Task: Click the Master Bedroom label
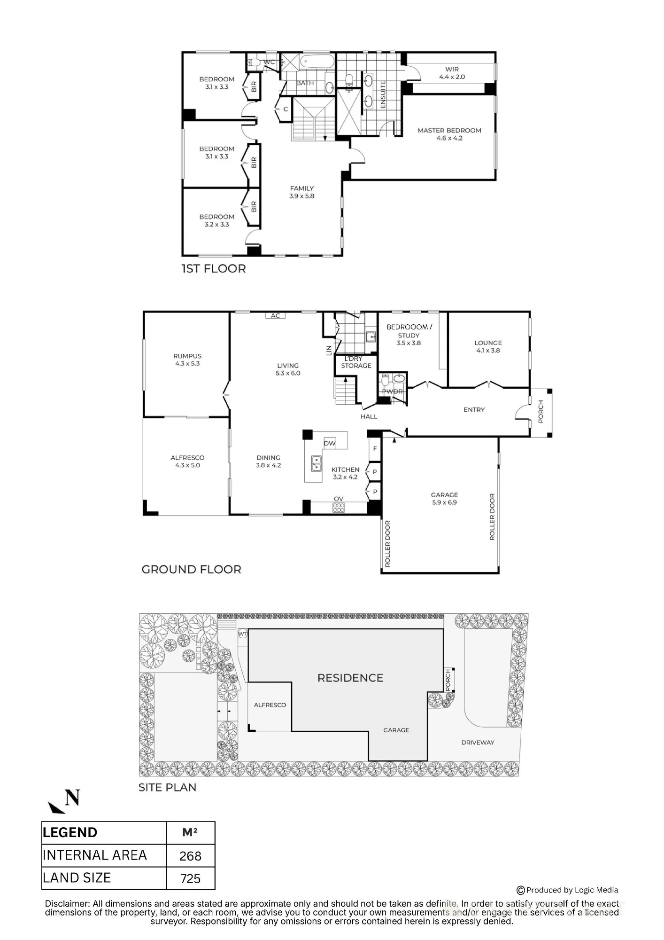pyautogui.click(x=449, y=134)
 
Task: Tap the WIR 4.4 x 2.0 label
pyautogui.click(x=452, y=73)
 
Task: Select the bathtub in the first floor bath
pyautogui.click(x=317, y=62)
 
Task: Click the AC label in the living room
pyautogui.click(x=275, y=316)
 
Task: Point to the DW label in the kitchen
pyautogui.click(x=330, y=443)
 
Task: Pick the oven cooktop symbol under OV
pyautogui.click(x=339, y=508)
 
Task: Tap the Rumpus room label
pyautogui.click(x=187, y=360)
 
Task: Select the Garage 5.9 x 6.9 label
pyautogui.click(x=444, y=499)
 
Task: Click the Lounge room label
pyautogui.click(x=488, y=346)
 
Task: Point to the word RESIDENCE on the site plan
pyautogui.click(x=350, y=678)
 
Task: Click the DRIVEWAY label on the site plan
pyautogui.click(x=478, y=743)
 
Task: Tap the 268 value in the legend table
pyautogui.click(x=190, y=856)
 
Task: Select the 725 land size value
pyautogui.click(x=190, y=878)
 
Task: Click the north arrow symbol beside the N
pyautogui.click(x=56, y=807)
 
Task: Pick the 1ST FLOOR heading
pyautogui.click(x=214, y=269)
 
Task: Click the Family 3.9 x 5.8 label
pyautogui.click(x=301, y=192)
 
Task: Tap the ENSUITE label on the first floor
pyautogui.click(x=383, y=94)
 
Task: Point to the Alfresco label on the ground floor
pyautogui.click(x=187, y=462)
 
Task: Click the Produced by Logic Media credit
pyautogui.click(x=567, y=890)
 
